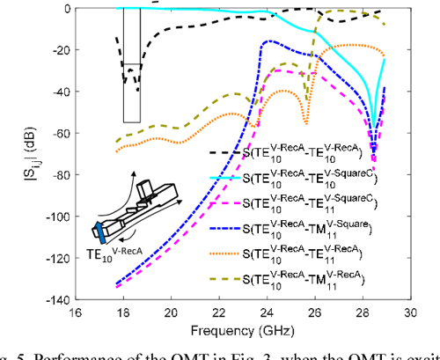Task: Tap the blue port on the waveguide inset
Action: pos(103,232)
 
